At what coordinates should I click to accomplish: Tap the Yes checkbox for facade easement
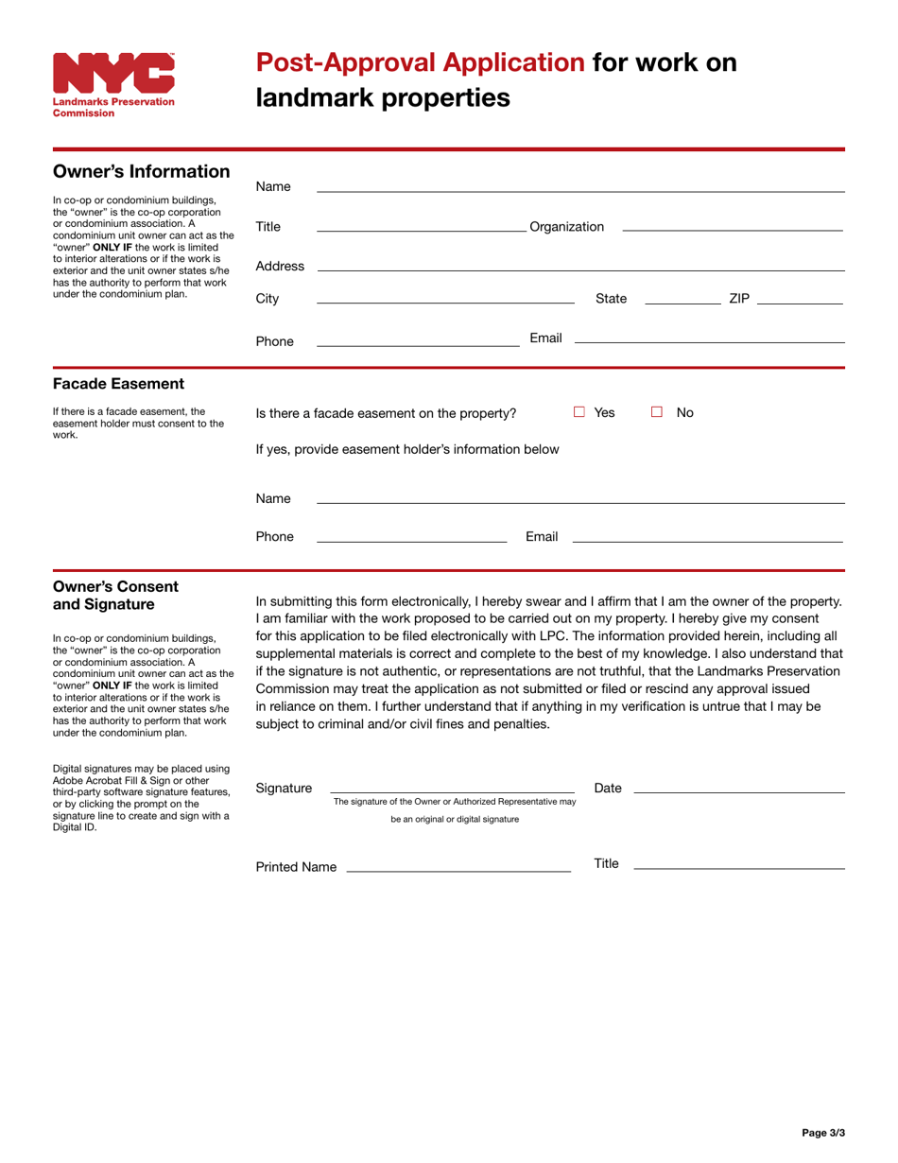pos(579,412)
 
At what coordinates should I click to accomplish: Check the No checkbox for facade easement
pos(656,412)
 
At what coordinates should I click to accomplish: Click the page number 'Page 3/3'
pos(822,1132)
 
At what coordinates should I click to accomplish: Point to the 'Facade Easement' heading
pos(118,384)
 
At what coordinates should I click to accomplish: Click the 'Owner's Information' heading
pos(141,171)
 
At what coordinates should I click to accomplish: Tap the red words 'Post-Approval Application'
pos(421,63)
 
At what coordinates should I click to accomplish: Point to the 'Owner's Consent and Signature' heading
pos(116,595)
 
